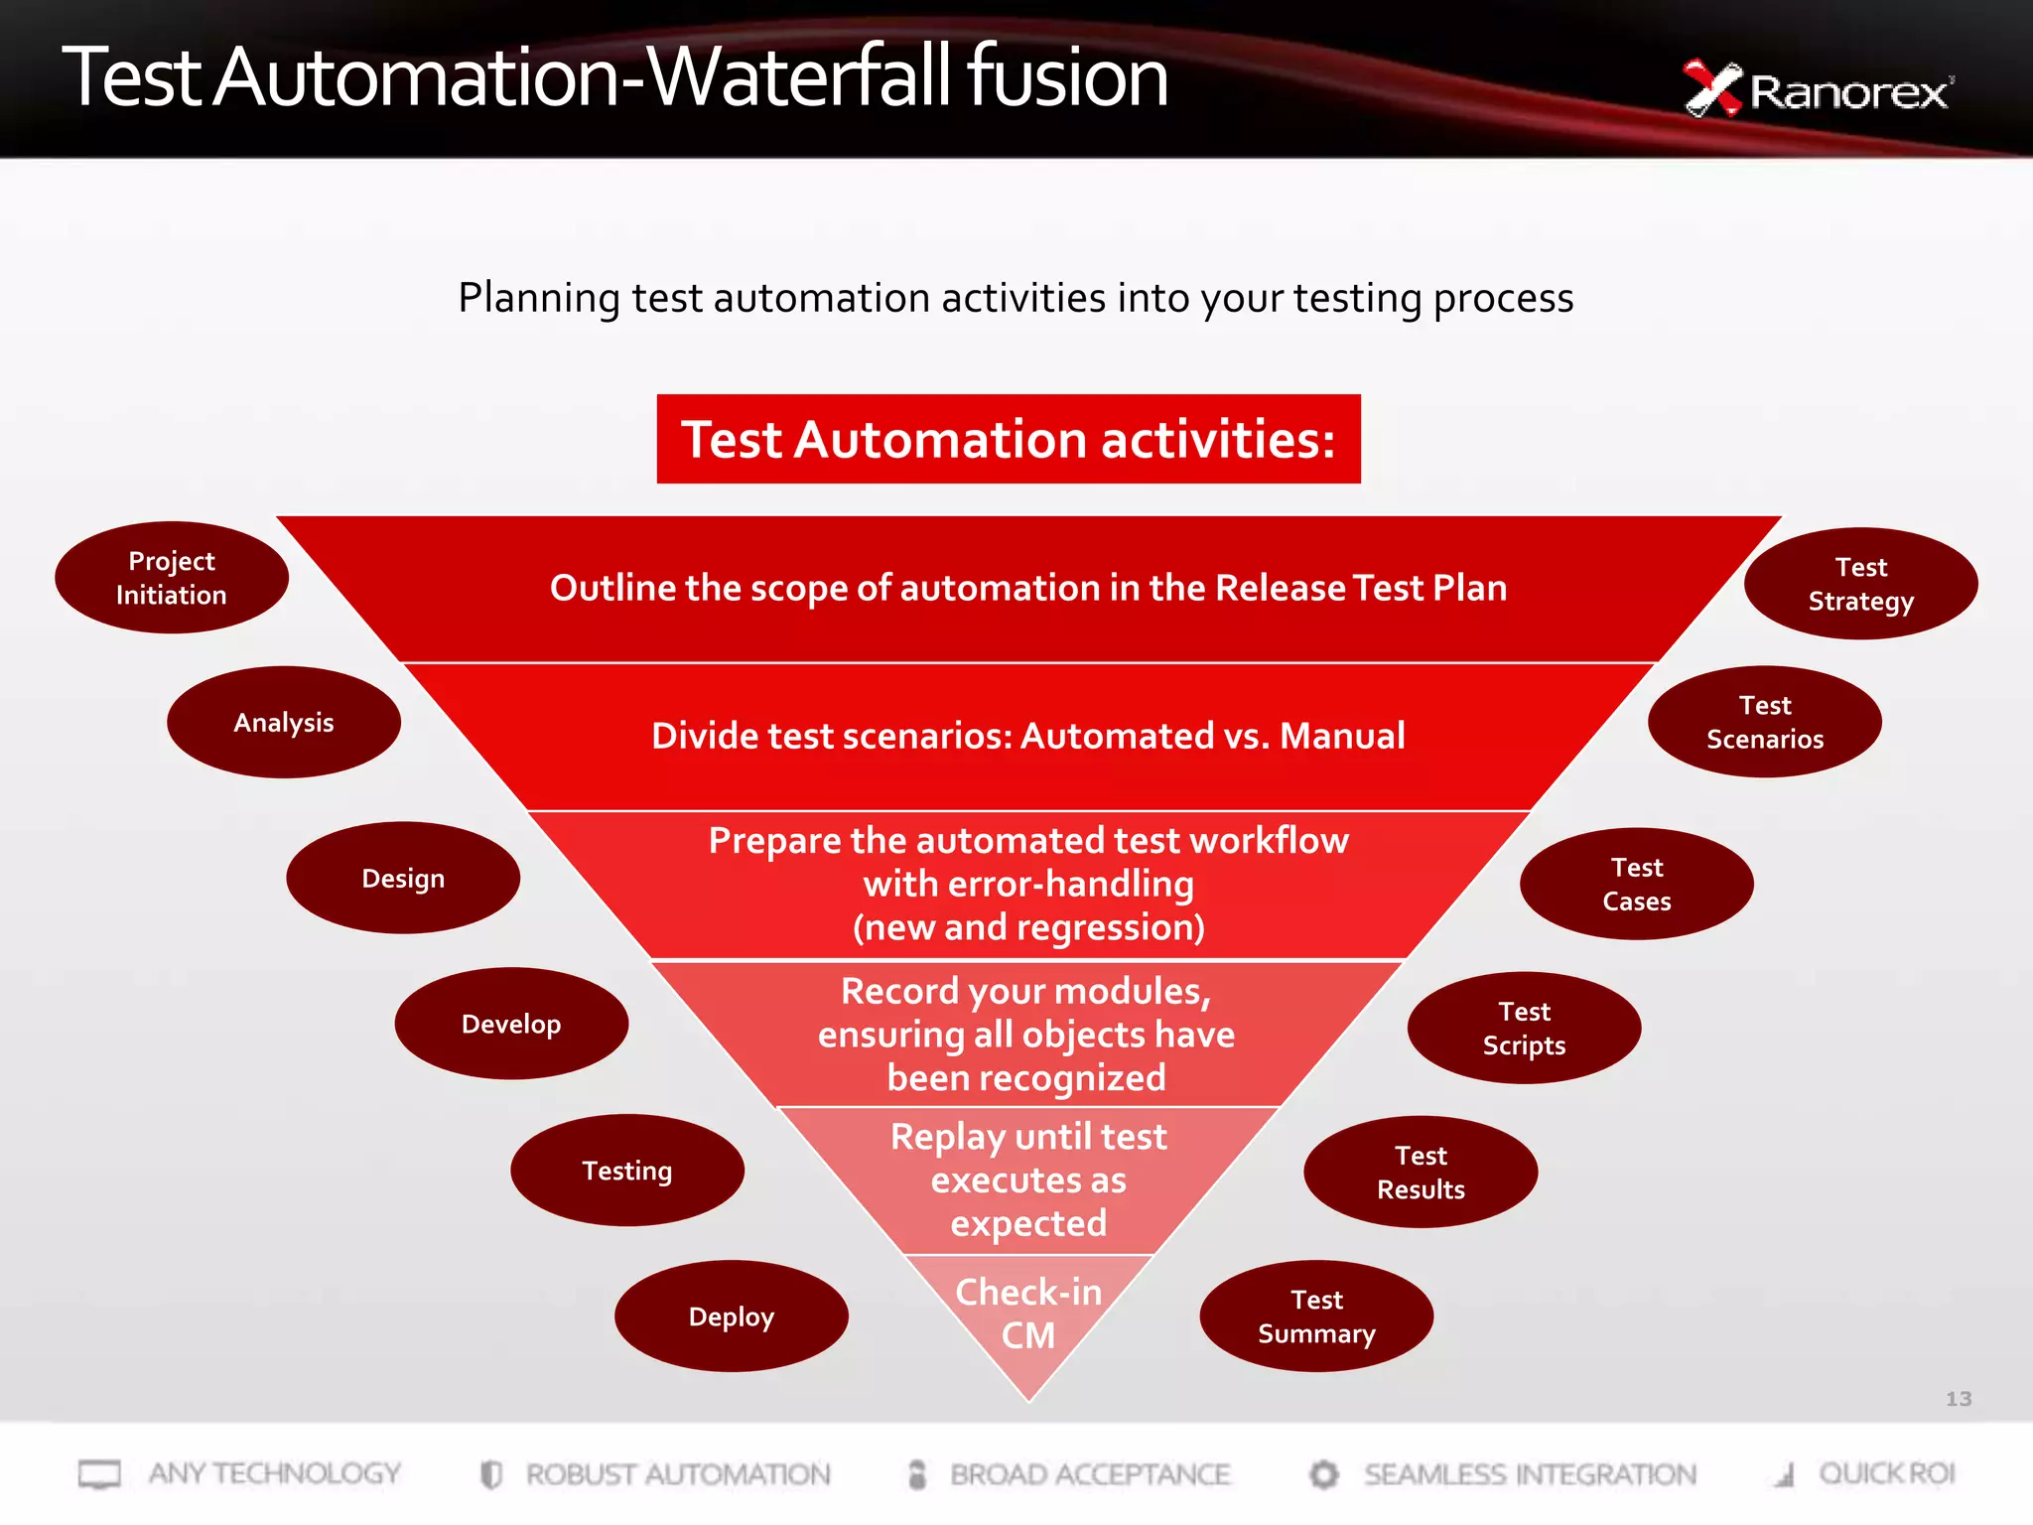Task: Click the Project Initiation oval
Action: pos(172,578)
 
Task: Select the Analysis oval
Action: pos(284,722)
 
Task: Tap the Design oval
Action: pos(403,878)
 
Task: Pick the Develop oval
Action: pos(511,1024)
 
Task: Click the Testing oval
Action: pos(627,1171)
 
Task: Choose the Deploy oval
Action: pos(732,1317)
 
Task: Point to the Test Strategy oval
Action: pos(1860,584)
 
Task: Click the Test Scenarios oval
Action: pos(1765,722)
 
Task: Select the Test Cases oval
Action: pos(1637,884)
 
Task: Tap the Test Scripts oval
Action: pos(1524,1028)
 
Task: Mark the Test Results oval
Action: pos(1421,1173)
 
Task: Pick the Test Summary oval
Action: pos(1316,1317)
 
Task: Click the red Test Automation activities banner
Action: pos(1009,439)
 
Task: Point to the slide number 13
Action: pos(1958,1399)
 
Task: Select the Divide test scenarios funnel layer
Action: pos(1028,736)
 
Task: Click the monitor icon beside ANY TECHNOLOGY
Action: pos(99,1474)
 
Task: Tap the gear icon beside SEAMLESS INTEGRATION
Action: pos(1323,1474)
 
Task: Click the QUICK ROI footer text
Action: pos(1886,1473)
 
